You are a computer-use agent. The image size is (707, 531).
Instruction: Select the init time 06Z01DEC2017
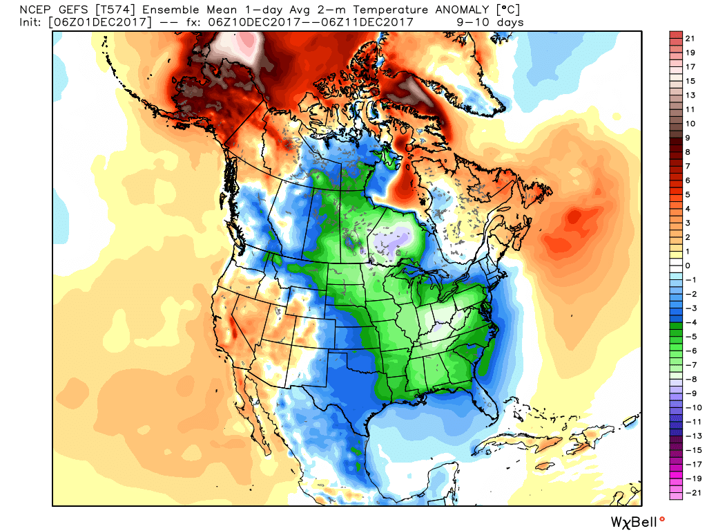pyautogui.click(x=97, y=22)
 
